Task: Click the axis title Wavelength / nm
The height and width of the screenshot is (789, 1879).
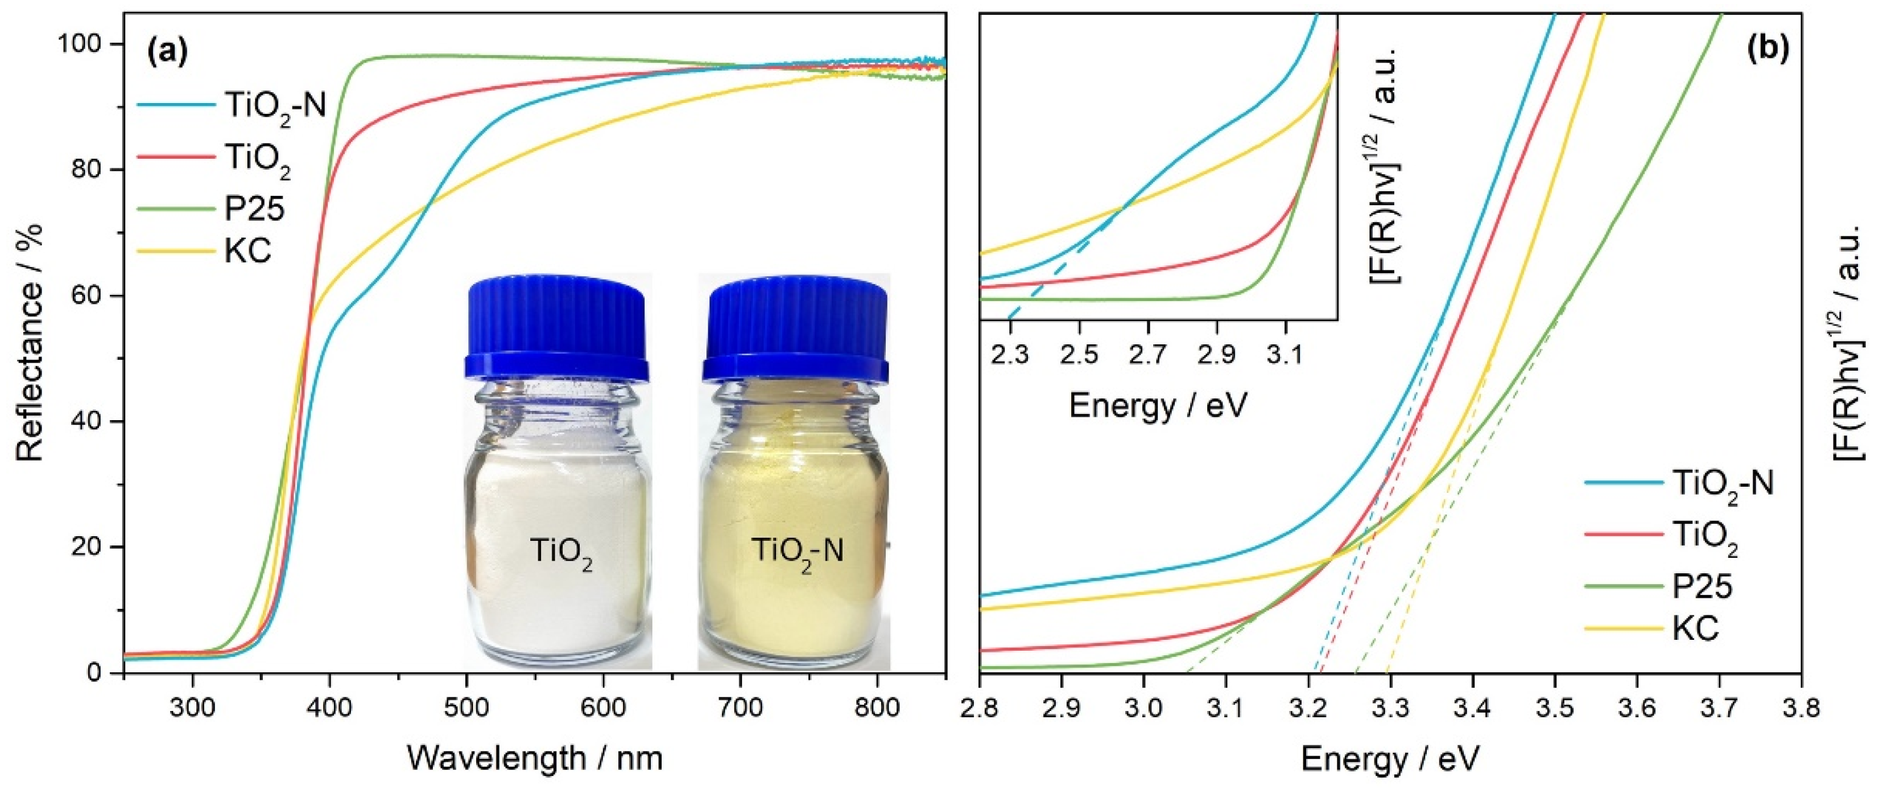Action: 535,758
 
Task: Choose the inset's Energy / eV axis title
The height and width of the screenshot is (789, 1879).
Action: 1158,406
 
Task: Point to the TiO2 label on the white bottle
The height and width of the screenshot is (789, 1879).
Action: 561,552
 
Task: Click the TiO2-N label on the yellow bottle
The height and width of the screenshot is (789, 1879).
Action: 796,552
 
